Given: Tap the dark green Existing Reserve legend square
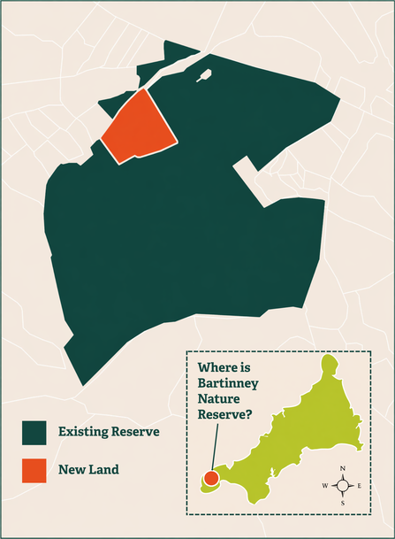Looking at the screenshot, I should pyautogui.click(x=34, y=432).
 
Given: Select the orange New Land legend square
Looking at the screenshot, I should pyautogui.click(x=34, y=470).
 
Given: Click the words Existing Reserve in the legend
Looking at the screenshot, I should pyautogui.click(x=109, y=432).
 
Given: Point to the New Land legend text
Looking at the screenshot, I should pyautogui.click(x=89, y=470).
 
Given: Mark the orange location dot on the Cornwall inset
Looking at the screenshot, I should pyautogui.click(x=211, y=479).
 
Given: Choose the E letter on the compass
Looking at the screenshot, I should pyautogui.click(x=360, y=485).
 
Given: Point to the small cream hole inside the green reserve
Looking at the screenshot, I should pyautogui.click(x=205, y=76).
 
